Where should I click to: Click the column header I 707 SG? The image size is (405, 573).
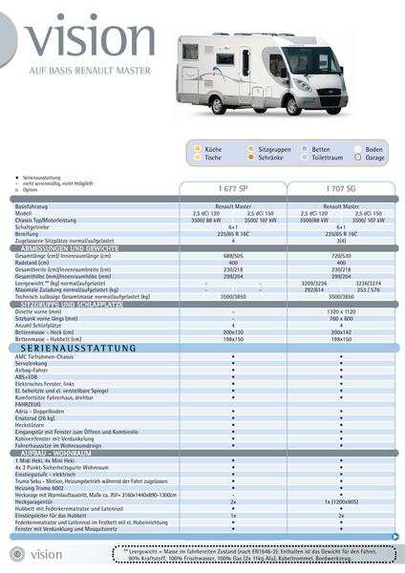(341, 189)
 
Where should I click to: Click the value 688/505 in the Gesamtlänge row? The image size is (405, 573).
(233, 256)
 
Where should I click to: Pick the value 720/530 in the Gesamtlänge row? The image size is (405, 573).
(341, 256)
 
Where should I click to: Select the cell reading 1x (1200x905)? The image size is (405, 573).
(341, 500)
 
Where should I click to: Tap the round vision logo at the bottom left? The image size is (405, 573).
(16, 554)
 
